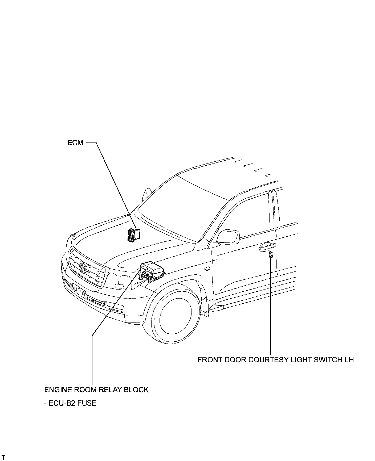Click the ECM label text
point(75,143)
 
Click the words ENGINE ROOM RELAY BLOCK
point(96,390)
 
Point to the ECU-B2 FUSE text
point(70,403)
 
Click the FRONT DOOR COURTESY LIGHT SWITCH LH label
point(275,360)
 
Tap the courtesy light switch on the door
point(271,255)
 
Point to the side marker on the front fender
point(206,269)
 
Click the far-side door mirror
point(147,194)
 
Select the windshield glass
point(184,210)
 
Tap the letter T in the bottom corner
point(3,458)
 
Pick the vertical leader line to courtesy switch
point(271,306)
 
